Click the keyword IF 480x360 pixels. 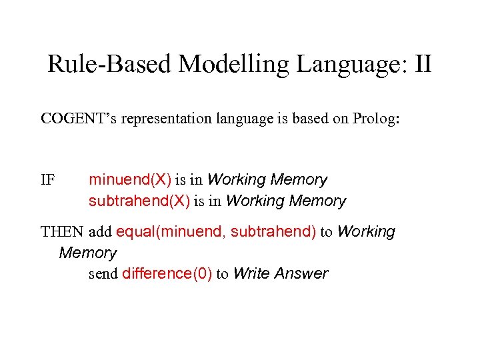48,180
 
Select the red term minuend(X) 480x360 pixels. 130,180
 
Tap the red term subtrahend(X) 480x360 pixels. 139,201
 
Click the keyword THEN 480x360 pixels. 63,232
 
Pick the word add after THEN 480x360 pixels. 100,232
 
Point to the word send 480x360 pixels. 103,273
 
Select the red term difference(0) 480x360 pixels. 167,273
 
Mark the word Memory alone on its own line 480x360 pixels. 87,253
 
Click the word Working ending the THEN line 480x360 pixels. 366,232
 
